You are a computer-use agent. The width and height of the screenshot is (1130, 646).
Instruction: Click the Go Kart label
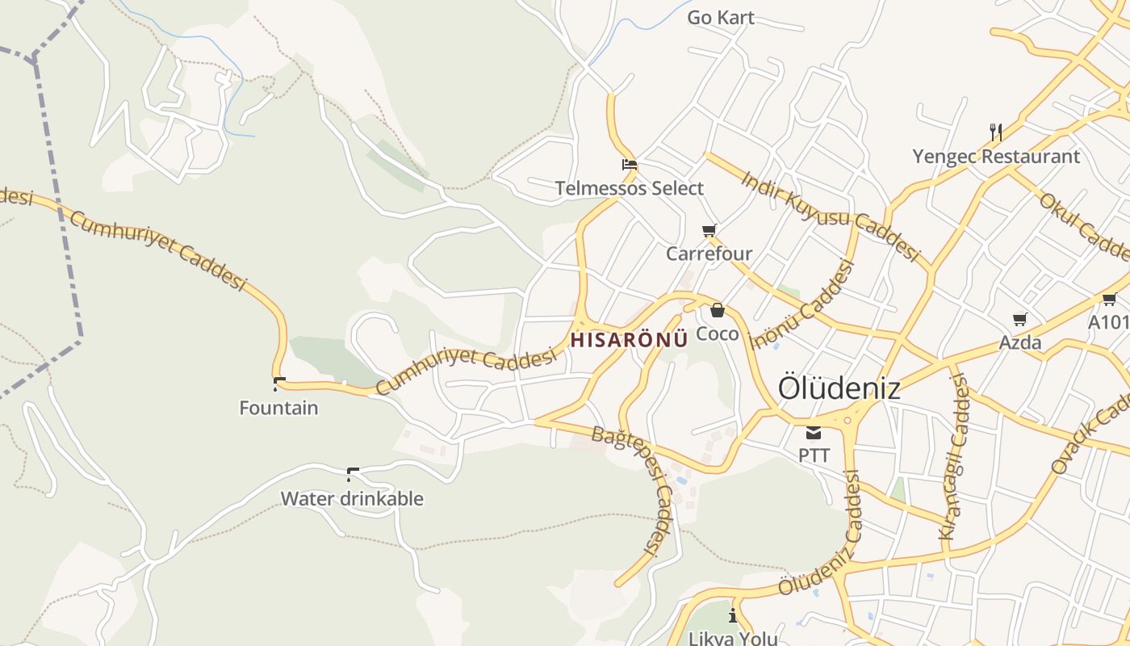(721, 17)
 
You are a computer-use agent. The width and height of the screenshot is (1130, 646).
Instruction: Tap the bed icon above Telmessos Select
(630, 165)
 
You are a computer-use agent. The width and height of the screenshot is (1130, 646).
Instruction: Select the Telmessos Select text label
(630, 188)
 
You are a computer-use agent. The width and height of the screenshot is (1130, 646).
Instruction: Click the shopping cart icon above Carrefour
(709, 231)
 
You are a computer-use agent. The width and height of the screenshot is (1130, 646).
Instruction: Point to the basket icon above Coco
(717, 310)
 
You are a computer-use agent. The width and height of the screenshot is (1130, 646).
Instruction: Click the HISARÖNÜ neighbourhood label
(629, 340)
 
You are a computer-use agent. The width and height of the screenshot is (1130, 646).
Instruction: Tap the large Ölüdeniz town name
(839, 388)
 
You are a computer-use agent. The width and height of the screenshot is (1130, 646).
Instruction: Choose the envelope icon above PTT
(814, 433)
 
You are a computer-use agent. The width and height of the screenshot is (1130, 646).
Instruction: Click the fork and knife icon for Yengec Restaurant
(996, 132)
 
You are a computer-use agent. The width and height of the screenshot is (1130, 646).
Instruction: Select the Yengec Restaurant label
(996, 156)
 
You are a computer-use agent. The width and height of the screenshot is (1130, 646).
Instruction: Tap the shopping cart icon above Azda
(1020, 319)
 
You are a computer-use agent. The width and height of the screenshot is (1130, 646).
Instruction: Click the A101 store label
(1108, 322)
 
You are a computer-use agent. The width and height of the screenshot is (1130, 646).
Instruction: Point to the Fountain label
(278, 408)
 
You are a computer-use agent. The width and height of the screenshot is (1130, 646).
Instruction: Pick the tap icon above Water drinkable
(352, 474)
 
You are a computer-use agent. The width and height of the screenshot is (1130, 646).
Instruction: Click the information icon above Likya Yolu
(733, 616)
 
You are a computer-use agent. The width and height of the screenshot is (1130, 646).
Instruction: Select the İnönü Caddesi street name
(802, 305)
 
